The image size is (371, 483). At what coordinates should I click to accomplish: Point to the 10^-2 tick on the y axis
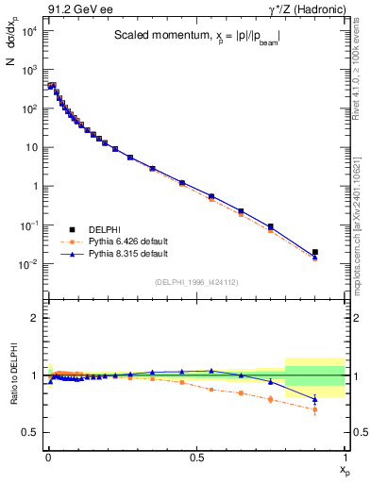31,264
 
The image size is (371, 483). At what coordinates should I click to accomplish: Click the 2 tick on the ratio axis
34,318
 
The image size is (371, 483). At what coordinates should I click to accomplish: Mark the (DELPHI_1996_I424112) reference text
195,280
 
